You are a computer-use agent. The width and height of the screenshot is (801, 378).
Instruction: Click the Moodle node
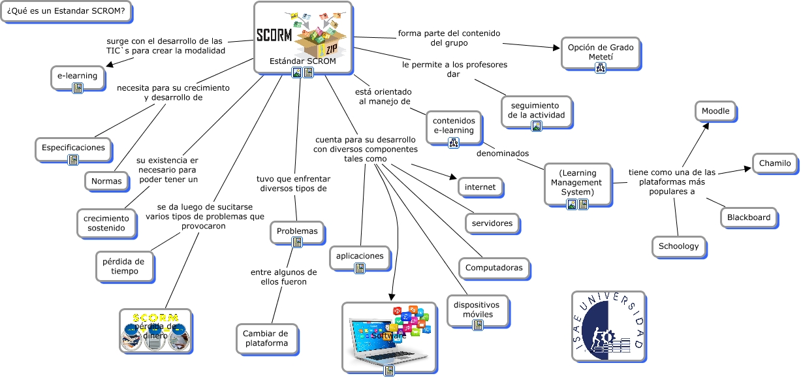point(715,112)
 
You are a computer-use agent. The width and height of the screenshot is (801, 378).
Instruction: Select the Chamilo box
point(775,163)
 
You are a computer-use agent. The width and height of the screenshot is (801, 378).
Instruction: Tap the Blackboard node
point(749,217)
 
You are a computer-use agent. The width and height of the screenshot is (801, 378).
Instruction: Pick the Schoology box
point(678,246)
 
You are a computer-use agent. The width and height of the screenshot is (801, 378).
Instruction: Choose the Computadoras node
point(494,268)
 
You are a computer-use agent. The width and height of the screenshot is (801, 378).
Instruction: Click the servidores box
point(492,223)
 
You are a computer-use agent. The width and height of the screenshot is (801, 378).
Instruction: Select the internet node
point(480,187)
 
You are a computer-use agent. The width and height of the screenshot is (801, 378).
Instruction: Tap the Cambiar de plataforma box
point(265,338)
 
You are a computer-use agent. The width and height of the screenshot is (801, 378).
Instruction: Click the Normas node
point(106,181)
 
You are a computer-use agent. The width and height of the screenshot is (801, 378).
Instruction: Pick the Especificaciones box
point(73,148)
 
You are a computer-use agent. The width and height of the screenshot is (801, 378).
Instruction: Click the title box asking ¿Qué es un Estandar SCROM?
point(65,11)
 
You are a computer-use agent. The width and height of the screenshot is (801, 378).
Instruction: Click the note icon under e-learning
point(78,88)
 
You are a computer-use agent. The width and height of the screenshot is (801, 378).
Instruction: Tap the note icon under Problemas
point(297,242)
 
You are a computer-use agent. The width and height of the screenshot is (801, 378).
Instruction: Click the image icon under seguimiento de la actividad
point(536,126)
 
